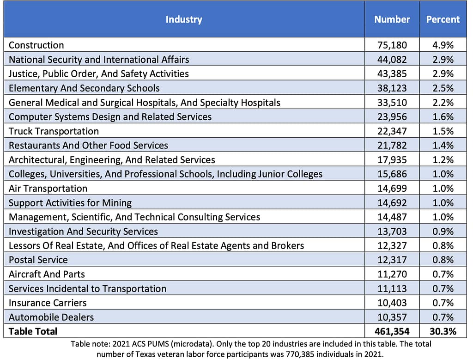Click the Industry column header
click(x=184, y=19)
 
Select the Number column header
click(x=392, y=19)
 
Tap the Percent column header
click(x=443, y=19)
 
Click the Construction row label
click(x=36, y=45)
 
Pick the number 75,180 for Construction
click(x=393, y=45)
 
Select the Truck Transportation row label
click(x=54, y=131)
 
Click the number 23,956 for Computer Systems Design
click(x=393, y=117)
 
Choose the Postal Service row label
click(x=38, y=260)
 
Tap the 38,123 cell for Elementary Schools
click(x=393, y=88)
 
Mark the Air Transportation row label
click(x=48, y=189)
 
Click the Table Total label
click(x=33, y=331)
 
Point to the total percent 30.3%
click(x=442, y=331)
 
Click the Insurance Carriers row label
click(x=48, y=303)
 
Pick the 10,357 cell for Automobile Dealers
click(x=393, y=317)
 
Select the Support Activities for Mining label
click(x=70, y=203)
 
